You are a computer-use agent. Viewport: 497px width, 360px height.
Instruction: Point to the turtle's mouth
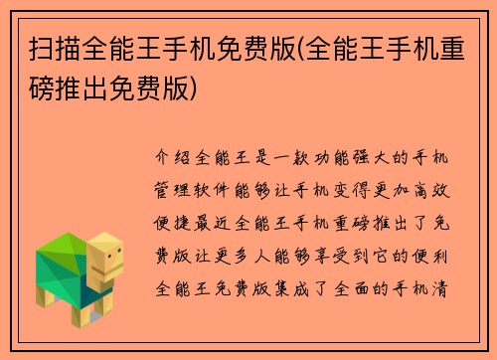point(111,270)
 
